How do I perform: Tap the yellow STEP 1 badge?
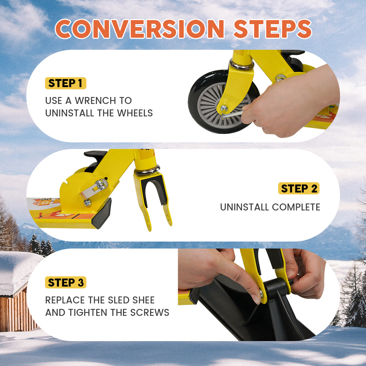click(66, 83)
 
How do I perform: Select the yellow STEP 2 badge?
click(299, 188)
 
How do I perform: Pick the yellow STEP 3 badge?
click(66, 283)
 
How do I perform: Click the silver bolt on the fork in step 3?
click(261, 292)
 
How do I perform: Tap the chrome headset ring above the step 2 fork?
click(147, 171)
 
